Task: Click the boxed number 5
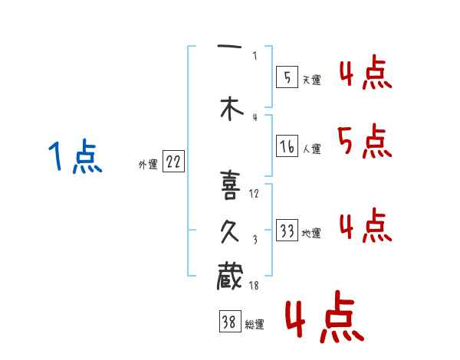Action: click(287, 77)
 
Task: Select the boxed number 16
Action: click(287, 146)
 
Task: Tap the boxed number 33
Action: click(287, 231)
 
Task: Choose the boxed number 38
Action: click(228, 322)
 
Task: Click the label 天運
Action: click(311, 80)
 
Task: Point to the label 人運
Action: click(311, 149)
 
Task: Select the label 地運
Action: click(311, 234)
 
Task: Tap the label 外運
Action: click(148, 164)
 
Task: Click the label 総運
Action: click(254, 325)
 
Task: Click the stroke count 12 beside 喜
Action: click(255, 193)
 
